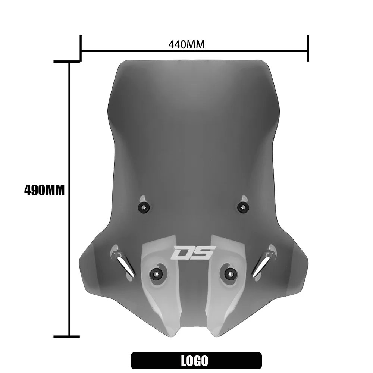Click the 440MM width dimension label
click(186, 45)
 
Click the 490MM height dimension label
click(44, 190)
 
